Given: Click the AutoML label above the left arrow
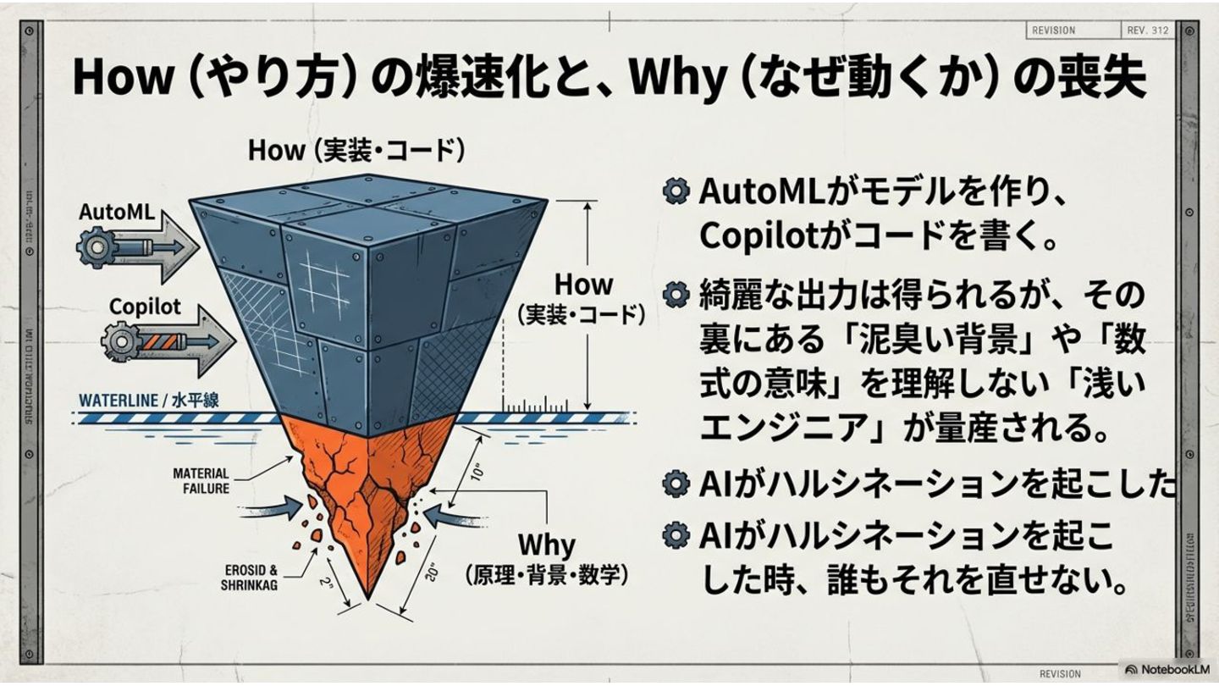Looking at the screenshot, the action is coord(116,212).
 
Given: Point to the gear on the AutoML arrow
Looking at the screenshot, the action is coord(92,247).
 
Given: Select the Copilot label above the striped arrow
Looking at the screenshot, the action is coord(145,306).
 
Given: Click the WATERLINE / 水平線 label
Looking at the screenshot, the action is coord(148,400).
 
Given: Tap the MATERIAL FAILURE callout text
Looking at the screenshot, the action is coord(201,480).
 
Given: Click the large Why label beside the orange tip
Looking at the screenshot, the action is coord(546,544).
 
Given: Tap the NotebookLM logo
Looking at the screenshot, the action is coord(1167,669).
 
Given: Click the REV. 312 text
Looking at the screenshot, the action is coord(1148,30).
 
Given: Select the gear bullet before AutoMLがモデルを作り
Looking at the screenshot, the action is coord(675,191).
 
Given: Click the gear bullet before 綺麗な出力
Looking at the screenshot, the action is coord(675,295).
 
